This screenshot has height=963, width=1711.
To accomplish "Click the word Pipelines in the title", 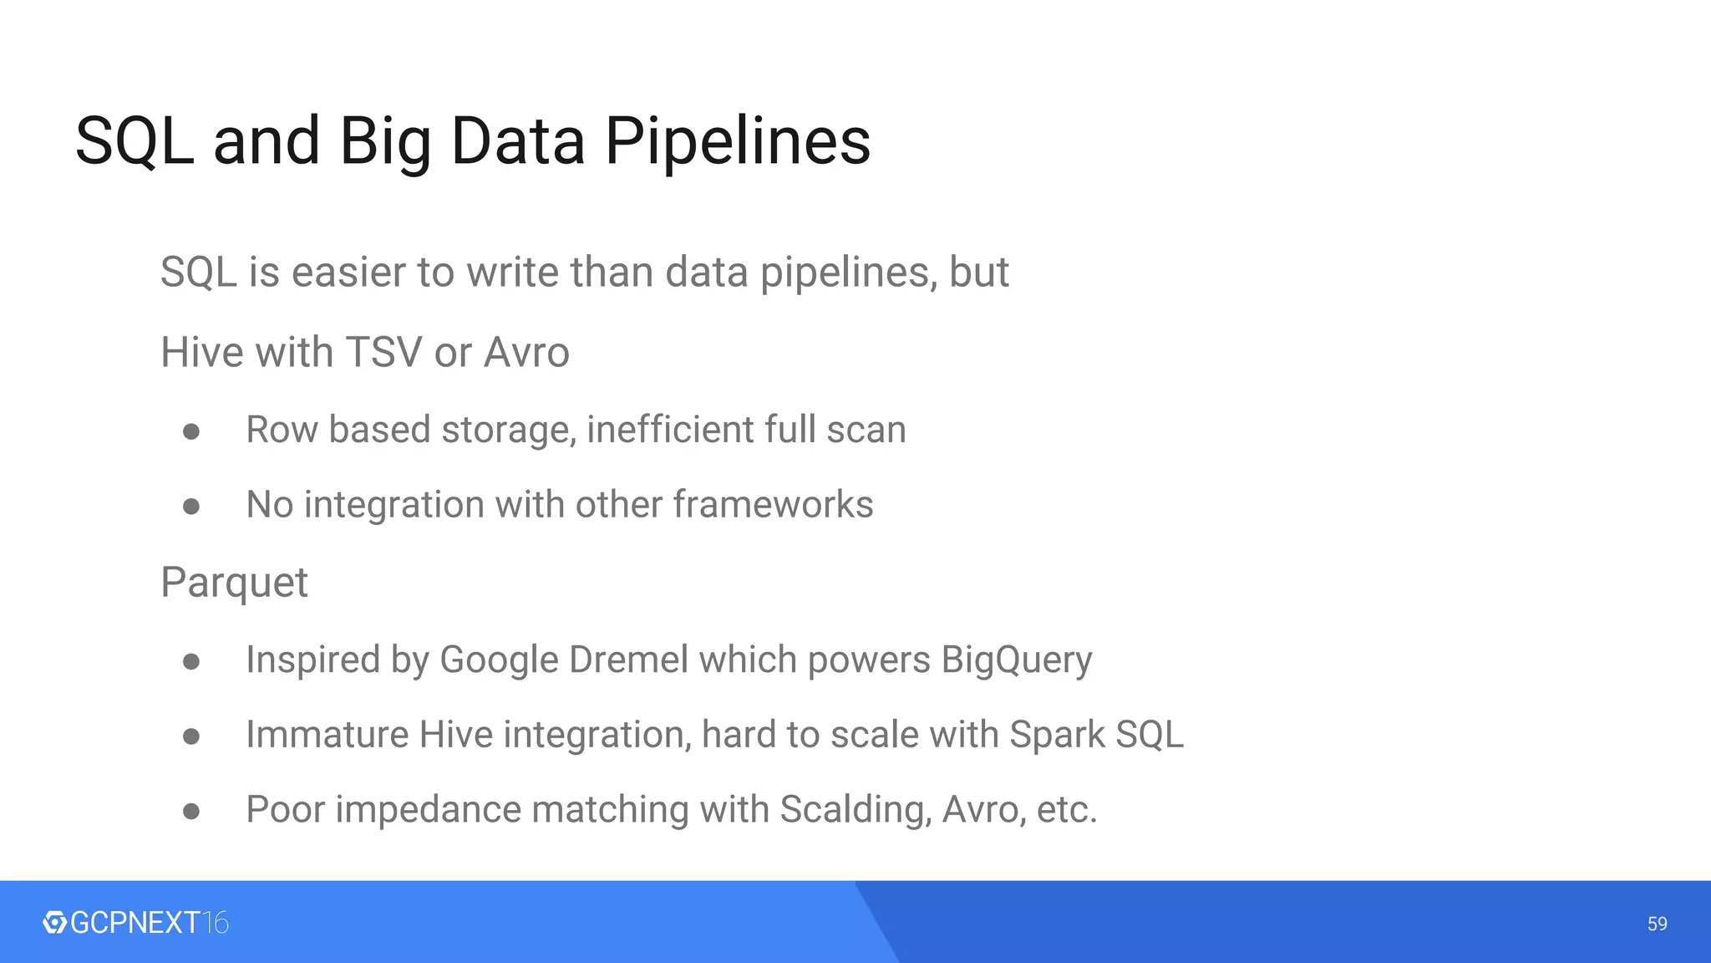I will click(x=738, y=141).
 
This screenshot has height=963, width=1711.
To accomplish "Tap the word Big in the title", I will click(x=385, y=141).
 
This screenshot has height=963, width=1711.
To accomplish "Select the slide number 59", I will click(x=1657, y=924).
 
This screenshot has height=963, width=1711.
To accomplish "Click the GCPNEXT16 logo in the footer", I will click(x=135, y=923).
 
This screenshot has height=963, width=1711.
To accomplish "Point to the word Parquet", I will click(x=234, y=583).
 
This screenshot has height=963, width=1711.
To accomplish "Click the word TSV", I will click(x=383, y=352).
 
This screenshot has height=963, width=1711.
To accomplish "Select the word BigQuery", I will click(x=1016, y=660).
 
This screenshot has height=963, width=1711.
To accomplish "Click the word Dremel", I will click(x=628, y=660).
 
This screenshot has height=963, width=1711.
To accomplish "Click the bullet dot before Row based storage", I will click(x=191, y=431).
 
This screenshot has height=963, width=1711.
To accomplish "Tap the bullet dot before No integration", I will click(x=191, y=507).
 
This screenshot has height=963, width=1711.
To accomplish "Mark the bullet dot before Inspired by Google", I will click(x=191, y=662).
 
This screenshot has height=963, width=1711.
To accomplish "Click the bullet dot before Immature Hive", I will click(x=191, y=736).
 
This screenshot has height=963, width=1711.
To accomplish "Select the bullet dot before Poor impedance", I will click(x=191, y=811).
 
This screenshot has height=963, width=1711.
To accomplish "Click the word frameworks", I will click(x=773, y=505).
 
